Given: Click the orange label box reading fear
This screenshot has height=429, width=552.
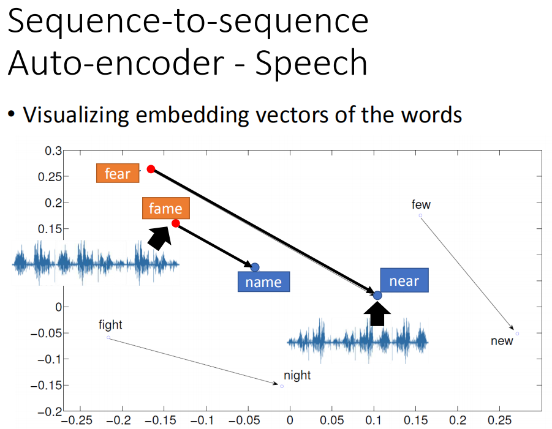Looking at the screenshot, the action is tap(118, 173).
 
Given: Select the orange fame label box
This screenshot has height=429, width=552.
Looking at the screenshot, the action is tap(166, 208).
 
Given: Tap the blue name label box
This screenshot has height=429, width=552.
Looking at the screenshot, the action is tap(263, 282).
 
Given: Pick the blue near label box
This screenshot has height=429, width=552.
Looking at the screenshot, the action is tap(404, 280).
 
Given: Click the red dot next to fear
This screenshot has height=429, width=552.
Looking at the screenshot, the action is tap(151, 169).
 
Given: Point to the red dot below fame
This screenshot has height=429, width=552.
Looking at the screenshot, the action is tap(176, 223).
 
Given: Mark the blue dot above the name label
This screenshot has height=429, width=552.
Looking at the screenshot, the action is tap(255, 267).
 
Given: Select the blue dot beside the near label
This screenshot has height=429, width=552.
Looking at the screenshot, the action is tap(377, 296).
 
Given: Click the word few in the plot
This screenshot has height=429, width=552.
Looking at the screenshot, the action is tap(421, 204).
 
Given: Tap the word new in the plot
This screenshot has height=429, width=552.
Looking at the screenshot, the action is tap(502, 341).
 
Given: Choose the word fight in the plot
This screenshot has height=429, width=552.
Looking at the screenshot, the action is tap(110, 325).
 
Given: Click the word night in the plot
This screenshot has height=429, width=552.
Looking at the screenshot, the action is tap(297, 376).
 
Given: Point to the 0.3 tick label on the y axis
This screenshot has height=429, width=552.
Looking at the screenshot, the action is tap(53, 151).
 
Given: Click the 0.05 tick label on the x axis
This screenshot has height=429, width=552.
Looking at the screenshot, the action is tap(331, 420).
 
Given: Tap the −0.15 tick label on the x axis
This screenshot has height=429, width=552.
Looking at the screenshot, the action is tap(164, 420).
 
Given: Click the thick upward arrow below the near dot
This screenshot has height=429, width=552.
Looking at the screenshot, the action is tap(377, 314).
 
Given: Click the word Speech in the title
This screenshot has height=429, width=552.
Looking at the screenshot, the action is tap(311, 63).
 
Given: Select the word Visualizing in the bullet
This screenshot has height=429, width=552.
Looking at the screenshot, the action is tap(76, 115).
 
